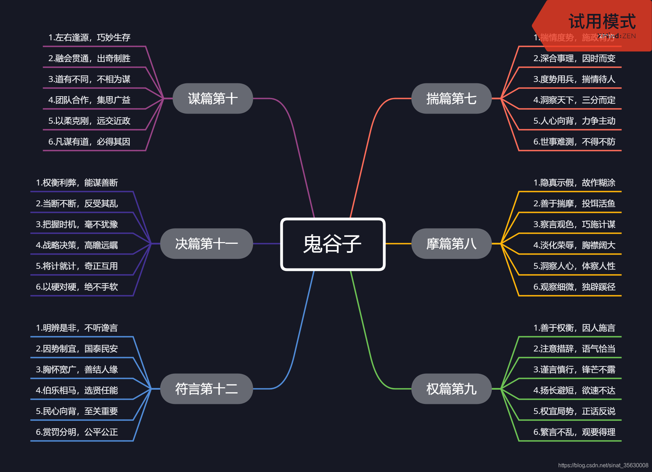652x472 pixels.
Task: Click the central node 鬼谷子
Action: tap(332, 244)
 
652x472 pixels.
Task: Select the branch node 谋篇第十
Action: tap(212, 99)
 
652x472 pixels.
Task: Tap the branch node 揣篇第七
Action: tap(451, 99)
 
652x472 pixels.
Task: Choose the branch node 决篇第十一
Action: tap(206, 244)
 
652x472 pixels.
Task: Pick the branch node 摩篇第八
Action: tap(451, 244)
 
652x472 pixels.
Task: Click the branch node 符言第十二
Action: tap(206, 389)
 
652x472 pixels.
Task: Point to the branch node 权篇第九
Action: tap(451, 389)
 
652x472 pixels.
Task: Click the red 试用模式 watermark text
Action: tap(602, 22)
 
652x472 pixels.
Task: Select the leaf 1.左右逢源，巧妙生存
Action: tap(89, 38)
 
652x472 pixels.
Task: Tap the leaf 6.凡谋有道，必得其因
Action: tap(89, 142)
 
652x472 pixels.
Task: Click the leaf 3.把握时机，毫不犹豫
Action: tap(77, 224)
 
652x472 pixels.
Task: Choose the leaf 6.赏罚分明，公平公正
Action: tap(77, 432)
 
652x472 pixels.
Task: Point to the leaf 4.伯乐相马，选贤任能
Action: tap(77, 390)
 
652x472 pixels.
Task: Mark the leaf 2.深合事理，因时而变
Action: tap(574, 58)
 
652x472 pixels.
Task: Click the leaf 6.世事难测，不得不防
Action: tap(574, 142)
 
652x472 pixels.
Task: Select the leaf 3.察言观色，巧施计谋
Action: tap(574, 224)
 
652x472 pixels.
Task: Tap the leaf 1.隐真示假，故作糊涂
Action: tap(574, 183)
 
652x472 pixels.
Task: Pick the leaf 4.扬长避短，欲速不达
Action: tap(574, 390)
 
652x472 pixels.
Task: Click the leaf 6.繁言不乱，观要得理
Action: tap(574, 432)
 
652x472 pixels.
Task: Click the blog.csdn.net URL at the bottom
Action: tap(603, 465)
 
